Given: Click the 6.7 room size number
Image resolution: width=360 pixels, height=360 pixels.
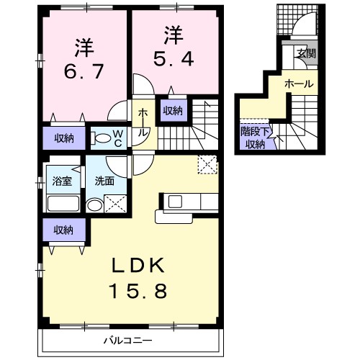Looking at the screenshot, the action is pos(84,71).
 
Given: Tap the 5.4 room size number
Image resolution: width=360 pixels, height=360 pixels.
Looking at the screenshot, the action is pos(174,59).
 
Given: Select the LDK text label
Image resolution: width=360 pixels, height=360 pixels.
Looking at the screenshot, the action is pos(138,265).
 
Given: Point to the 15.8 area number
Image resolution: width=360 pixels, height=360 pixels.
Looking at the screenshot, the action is pos(138,291).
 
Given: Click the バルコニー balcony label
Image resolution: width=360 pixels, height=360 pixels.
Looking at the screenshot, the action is pos(127,341).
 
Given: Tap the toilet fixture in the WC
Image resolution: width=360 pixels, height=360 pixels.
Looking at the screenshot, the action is pos(101,138).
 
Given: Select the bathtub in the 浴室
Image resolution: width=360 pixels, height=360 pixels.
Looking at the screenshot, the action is pos(63,203).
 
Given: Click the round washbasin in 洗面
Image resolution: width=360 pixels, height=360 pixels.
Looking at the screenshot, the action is pos(94,204).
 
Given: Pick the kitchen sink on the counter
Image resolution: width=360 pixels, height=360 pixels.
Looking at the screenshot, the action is pos(175,202).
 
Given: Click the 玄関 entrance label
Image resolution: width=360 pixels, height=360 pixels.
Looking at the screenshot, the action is pos(306,53).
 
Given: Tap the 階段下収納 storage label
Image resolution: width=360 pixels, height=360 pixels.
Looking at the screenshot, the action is pos(256,138).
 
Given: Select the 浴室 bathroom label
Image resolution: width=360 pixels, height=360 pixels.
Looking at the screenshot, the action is pos(62,181).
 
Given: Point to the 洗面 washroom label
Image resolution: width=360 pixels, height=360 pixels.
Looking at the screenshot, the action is pos(104,181).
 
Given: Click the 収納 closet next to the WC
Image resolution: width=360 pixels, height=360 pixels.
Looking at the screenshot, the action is pos(64,138).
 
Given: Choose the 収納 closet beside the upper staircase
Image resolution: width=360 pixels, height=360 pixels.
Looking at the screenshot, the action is pos(173,110).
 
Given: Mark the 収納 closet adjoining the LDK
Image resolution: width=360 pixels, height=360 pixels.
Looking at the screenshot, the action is pos(64,230).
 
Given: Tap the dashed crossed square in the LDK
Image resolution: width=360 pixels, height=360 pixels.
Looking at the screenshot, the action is pos(207,164).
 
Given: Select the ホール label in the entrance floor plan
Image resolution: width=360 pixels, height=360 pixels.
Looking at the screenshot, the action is pos(299,84).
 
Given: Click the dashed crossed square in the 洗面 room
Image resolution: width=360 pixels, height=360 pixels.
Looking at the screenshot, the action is pos(115,204).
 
